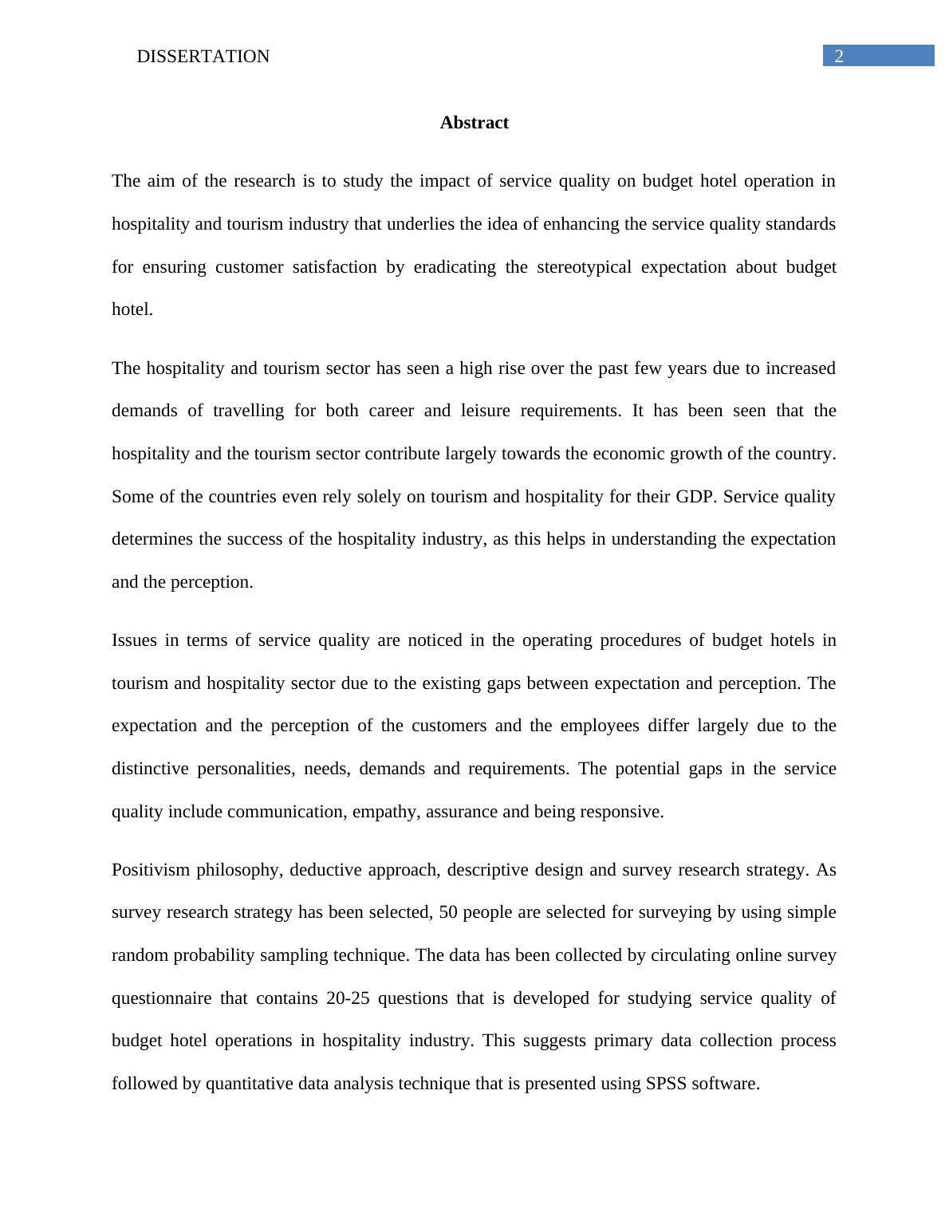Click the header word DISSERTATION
tap(203, 57)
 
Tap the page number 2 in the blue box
tap(838, 56)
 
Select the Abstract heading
tap(474, 123)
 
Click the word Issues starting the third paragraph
tap(134, 640)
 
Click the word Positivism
tap(151, 870)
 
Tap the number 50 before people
tap(448, 912)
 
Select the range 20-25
tap(348, 998)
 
